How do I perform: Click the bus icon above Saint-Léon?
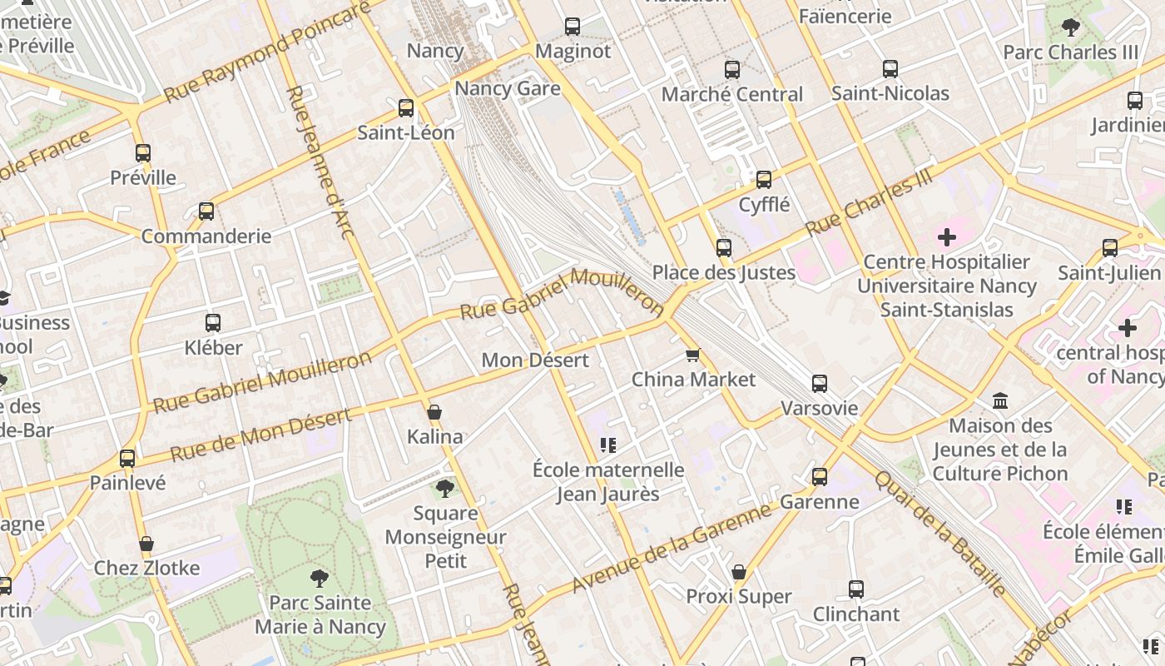pyautogui.click(x=406, y=107)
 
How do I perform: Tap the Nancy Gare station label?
pyautogui.click(x=508, y=88)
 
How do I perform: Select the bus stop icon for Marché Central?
pyautogui.click(x=732, y=70)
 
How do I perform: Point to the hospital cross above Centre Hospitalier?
pyautogui.click(x=946, y=237)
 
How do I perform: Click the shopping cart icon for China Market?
pyautogui.click(x=692, y=355)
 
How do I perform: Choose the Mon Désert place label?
pyautogui.click(x=535, y=360)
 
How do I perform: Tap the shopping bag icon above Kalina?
pyautogui.click(x=434, y=412)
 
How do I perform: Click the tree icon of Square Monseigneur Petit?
pyautogui.click(x=445, y=488)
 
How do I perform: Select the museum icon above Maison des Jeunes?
pyautogui.click(x=1000, y=401)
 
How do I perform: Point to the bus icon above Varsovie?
pyautogui.click(x=820, y=384)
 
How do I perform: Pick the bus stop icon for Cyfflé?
pyautogui.click(x=764, y=179)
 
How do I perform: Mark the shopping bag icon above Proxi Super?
pyautogui.click(x=738, y=572)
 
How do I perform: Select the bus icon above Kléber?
pyautogui.click(x=213, y=322)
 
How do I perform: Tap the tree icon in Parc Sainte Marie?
pyautogui.click(x=319, y=578)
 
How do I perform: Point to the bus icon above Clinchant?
pyautogui.click(x=856, y=589)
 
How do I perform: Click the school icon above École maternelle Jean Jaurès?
pyautogui.click(x=607, y=445)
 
